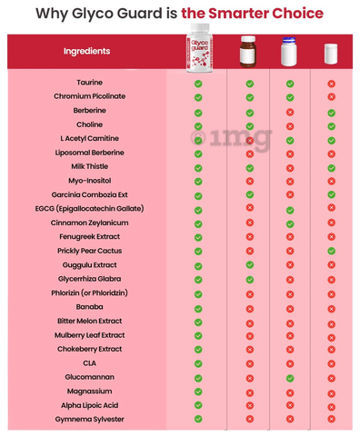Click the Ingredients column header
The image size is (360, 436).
point(86,51)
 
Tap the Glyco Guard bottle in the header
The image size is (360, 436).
point(199,48)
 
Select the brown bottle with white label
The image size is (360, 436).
point(248,52)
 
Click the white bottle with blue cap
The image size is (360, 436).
point(289,52)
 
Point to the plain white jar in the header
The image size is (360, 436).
point(331,54)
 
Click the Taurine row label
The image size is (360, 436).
point(89,83)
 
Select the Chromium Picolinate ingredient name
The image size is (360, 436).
point(89,96)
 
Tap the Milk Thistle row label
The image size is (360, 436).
point(89,166)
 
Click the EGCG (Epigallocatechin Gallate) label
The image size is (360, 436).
point(89,209)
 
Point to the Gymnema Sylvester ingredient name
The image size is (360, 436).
point(89,420)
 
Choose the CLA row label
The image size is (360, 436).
point(89,363)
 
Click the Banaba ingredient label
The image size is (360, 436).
point(89,307)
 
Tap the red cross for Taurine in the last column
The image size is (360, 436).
point(332,84)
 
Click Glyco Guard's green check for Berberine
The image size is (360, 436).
point(198,113)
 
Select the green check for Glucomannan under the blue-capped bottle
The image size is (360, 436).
point(290,378)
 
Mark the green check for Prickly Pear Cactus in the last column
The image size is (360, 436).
point(332,251)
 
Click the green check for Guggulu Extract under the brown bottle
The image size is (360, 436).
point(250,265)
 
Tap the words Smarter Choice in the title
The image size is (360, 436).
point(265,14)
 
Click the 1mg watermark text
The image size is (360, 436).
point(231,138)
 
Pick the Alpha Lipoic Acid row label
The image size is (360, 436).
point(89,405)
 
